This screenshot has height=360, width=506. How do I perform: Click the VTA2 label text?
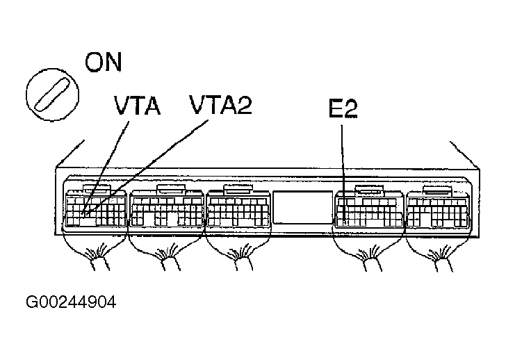coord(220,106)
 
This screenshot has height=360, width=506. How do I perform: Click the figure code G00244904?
coord(71,302)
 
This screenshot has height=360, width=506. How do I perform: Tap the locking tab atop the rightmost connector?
coord(439,189)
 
